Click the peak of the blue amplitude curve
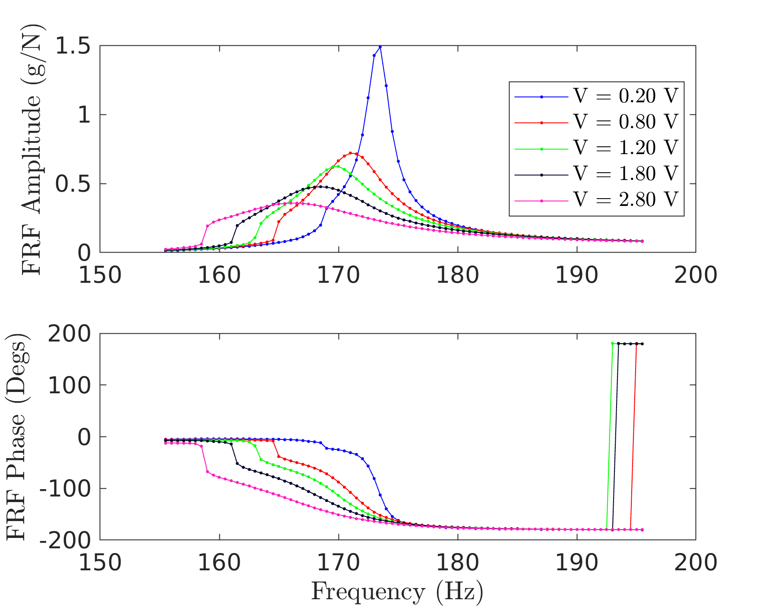380,47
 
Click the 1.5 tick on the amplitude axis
73,46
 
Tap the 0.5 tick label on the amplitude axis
73,184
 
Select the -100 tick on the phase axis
65,489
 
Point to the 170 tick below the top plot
339,275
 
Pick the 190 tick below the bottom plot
577,563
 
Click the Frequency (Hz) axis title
397,591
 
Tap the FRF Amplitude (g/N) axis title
31,149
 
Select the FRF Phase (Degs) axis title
17,436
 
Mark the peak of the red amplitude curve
351,153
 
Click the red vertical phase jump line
633,436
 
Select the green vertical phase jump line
610,436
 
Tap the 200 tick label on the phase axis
69,334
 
